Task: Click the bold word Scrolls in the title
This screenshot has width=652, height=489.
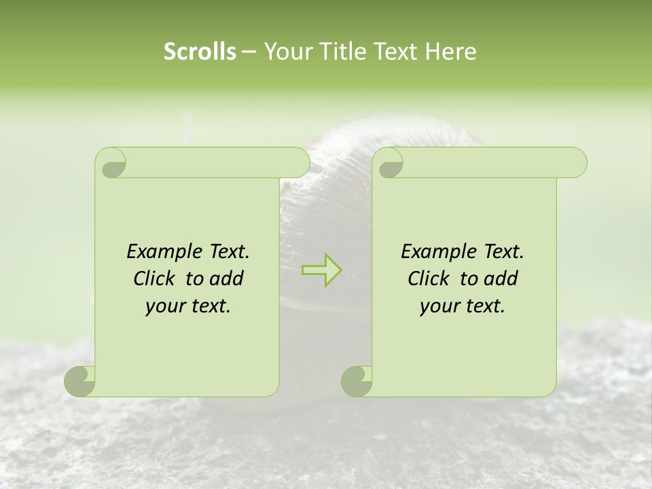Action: [200, 52]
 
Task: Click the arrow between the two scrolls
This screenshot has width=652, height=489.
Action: [321, 270]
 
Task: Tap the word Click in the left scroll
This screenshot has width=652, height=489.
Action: [153, 278]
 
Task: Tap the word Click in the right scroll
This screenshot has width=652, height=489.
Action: [428, 278]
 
